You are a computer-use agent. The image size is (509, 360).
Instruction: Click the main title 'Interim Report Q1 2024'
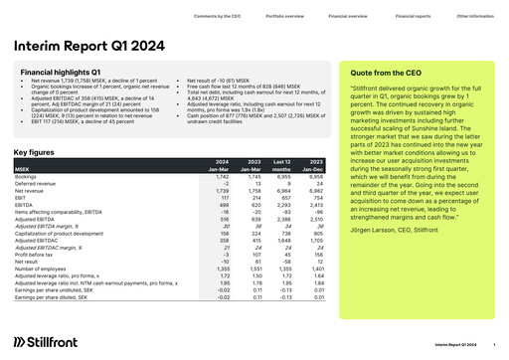[87, 45]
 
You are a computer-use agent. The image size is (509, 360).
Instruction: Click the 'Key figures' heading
[34, 151]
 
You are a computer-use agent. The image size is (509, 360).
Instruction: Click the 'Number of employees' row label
[41, 268]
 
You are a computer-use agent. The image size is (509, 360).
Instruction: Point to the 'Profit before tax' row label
[35, 254]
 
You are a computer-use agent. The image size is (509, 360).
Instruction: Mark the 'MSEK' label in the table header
[21, 169]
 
